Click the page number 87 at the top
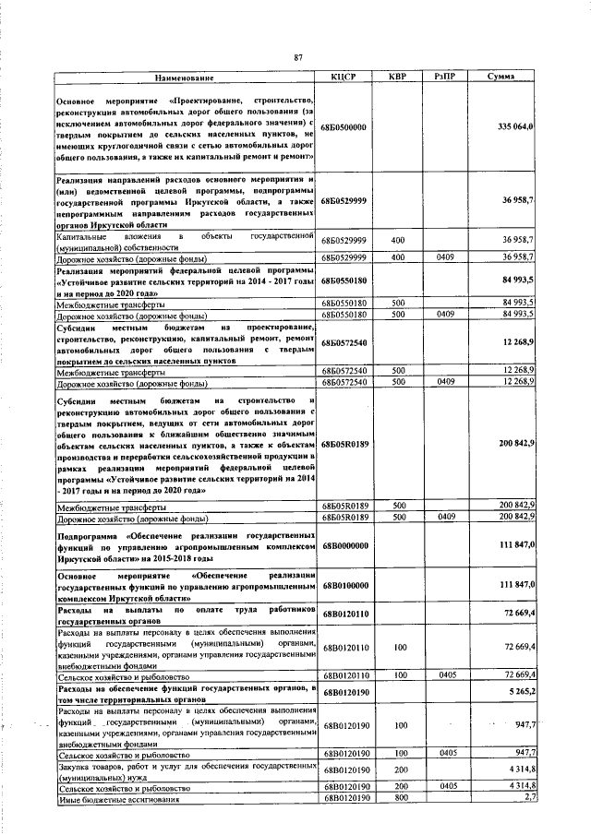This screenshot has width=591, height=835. tap(298, 58)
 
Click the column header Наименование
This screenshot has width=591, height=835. tap(185, 77)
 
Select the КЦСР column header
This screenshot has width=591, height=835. tap(343, 77)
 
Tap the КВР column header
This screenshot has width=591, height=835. tap(398, 77)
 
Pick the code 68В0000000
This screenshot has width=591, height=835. tap(344, 545)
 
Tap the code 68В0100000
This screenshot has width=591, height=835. tap(344, 586)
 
